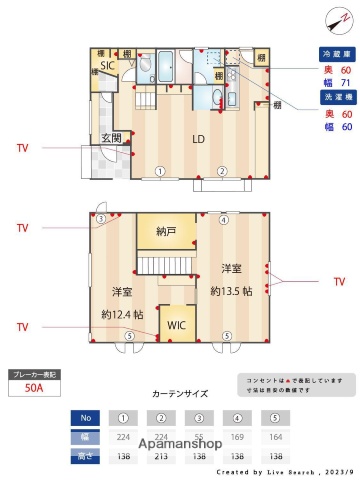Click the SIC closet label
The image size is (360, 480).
pos(107,65)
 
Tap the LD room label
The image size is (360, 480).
pos(199,139)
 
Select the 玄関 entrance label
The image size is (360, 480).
pos(110,137)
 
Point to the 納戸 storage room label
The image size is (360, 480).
pos(166,231)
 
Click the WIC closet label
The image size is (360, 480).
pos(176,325)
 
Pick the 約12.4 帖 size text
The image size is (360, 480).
pos(121,314)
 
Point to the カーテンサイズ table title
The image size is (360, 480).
pos(179,394)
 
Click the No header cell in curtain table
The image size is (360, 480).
pos(86,418)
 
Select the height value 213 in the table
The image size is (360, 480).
pos(158,455)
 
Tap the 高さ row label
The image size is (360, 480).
pos(86,455)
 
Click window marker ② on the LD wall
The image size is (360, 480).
pos(223,171)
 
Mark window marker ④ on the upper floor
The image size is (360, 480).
pos(224,220)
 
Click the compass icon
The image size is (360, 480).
pos(335,17)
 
